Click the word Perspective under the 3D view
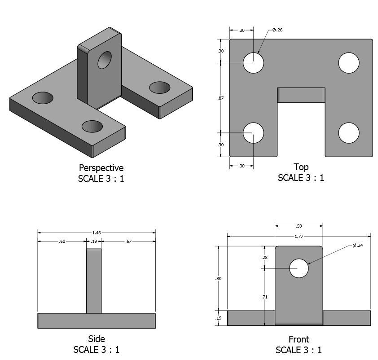click(x=101, y=168)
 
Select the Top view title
click(x=301, y=167)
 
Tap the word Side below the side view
click(x=96, y=339)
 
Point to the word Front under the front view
click(x=299, y=340)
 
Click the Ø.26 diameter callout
click(x=277, y=30)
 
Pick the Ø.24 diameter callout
click(x=358, y=246)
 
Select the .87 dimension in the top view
click(x=220, y=98)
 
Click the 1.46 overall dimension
click(x=96, y=233)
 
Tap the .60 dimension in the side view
click(x=62, y=241)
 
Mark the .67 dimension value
click(x=128, y=241)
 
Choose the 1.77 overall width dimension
click(x=298, y=236)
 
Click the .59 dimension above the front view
click(x=299, y=226)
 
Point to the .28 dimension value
click(x=264, y=258)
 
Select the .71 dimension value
click(x=264, y=297)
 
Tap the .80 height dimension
click(x=218, y=279)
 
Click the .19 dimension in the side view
click(x=94, y=241)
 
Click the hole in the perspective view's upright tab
click(x=105, y=60)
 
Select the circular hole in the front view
click(x=299, y=268)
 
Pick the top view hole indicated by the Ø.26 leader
click(x=253, y=63)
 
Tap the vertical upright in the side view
click(x=94, y=281)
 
